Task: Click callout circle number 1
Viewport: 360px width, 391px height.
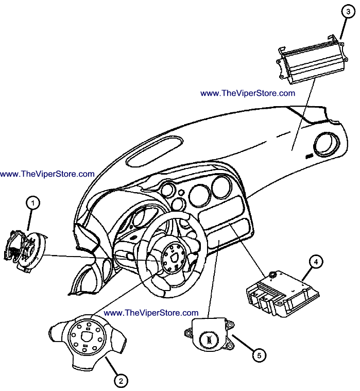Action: point(32,203)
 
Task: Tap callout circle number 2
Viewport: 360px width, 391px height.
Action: point(120,381)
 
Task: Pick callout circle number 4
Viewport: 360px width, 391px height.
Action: point(316,261)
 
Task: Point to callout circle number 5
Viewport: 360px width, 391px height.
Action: point(260,354)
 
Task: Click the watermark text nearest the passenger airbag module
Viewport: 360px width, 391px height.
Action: point(248,93)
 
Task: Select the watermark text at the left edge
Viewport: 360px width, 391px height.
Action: point(47,174)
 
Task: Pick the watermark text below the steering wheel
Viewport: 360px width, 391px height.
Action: point(151,313)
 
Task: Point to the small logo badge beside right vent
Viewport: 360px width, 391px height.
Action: point(308,153)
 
